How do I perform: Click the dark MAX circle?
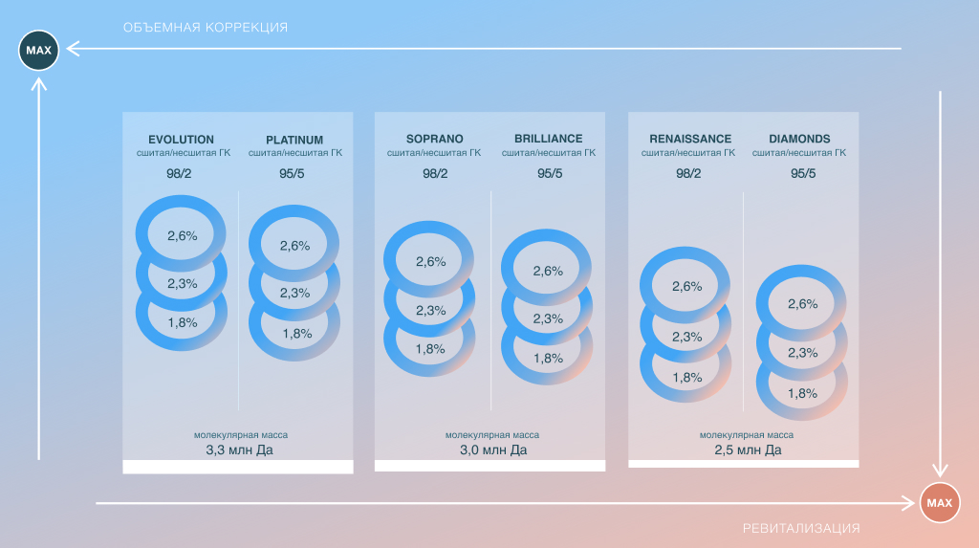38,50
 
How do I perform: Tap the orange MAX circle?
940,503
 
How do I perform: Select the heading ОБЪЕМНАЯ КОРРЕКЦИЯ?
206,27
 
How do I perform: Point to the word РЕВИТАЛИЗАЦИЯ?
801,528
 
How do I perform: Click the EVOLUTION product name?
182,139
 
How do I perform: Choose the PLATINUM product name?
294,139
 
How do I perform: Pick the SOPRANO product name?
429,139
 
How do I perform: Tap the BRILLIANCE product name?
548,139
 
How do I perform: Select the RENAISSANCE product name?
688,139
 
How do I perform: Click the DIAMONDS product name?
799,139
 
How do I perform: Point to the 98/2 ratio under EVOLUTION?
182,173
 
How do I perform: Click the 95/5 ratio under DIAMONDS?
803,173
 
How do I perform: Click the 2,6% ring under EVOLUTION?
182,235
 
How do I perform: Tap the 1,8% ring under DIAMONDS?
802,393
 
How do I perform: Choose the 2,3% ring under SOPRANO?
430,310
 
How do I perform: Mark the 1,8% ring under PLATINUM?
295,334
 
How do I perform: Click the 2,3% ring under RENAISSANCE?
686,337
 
